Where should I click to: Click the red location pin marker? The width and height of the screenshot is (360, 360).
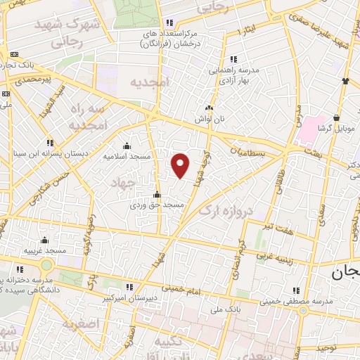click(x=181, y=165)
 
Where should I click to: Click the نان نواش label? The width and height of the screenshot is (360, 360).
click(x=209, y=119)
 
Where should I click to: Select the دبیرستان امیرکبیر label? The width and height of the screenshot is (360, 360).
click(x=128, y=298)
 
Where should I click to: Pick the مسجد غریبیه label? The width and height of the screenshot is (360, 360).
click(x=45, y=250)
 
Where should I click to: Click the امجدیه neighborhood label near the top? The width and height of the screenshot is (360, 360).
click(x=150, y=82)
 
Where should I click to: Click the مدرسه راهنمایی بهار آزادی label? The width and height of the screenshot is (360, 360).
click(x=233, y=75)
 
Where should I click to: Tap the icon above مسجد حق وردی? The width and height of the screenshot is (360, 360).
click(x=157, y=195)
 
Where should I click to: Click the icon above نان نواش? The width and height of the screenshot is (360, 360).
click(x=209, y=108)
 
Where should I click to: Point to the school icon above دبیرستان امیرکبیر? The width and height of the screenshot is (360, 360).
click(x=128, y=287)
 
